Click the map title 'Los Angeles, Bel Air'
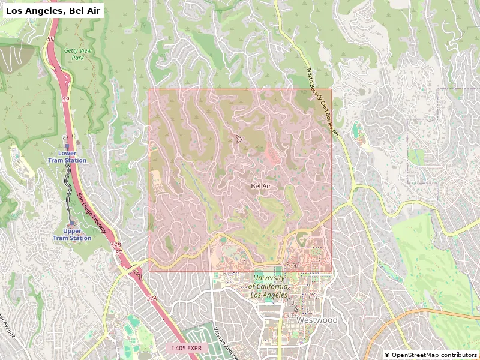54,10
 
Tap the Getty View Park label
78,55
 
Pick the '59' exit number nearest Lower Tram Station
65,99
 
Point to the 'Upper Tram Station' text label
72,235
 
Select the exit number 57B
115,245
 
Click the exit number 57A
151,298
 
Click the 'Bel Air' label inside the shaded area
261,187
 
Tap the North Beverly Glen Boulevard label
323,103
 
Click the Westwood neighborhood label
317,320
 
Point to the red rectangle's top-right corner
331,89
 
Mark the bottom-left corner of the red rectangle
149,271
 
